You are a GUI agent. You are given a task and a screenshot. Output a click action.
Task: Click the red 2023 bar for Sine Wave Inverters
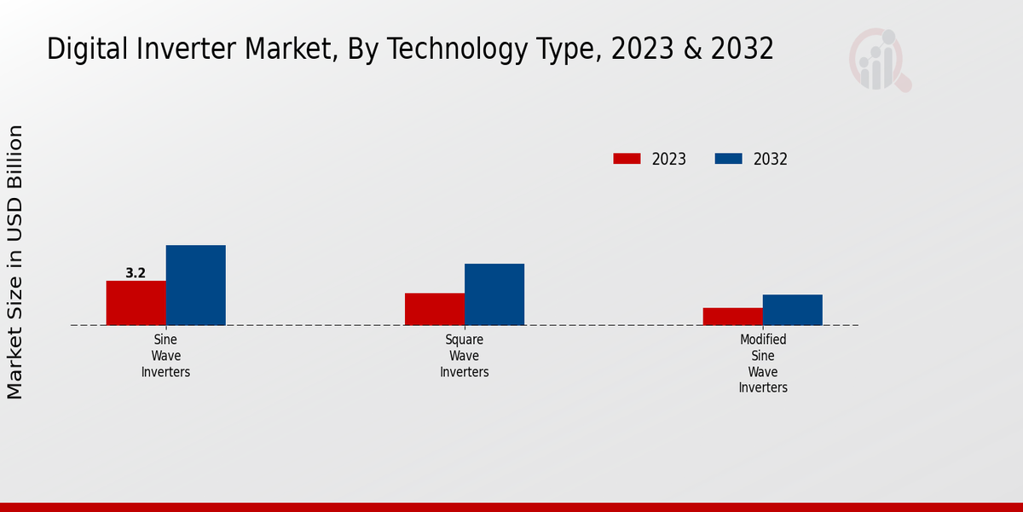(136, 303)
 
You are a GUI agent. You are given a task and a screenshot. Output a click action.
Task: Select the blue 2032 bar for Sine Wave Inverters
(195, 285)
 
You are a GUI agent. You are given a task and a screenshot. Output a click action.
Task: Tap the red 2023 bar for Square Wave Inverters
(435, 309)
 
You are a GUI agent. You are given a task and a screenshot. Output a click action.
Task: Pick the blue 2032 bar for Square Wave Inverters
(494, 294)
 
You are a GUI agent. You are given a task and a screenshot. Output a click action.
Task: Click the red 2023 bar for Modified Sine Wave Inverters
(733, 317)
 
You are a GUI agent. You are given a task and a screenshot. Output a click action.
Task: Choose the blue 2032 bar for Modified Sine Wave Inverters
(793, 310)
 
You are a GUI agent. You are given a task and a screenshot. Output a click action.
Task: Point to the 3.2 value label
(136, 273)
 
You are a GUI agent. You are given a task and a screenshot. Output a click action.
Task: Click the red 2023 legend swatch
(627, 159)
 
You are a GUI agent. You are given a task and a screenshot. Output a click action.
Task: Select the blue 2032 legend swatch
(728, 159)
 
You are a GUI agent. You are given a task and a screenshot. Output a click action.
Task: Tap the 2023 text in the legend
(669, 160)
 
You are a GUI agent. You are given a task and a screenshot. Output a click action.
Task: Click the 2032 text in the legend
(771, 160)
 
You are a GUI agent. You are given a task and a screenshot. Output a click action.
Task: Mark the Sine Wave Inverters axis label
(165, 356)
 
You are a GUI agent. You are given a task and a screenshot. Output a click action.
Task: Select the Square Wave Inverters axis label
(465, 356)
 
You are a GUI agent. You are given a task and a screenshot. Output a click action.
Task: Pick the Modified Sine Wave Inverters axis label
(763, 364)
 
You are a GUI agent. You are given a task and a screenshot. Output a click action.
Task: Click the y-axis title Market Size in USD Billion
(15, 262)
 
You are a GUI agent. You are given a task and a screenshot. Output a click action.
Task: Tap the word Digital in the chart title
(84, 49)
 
